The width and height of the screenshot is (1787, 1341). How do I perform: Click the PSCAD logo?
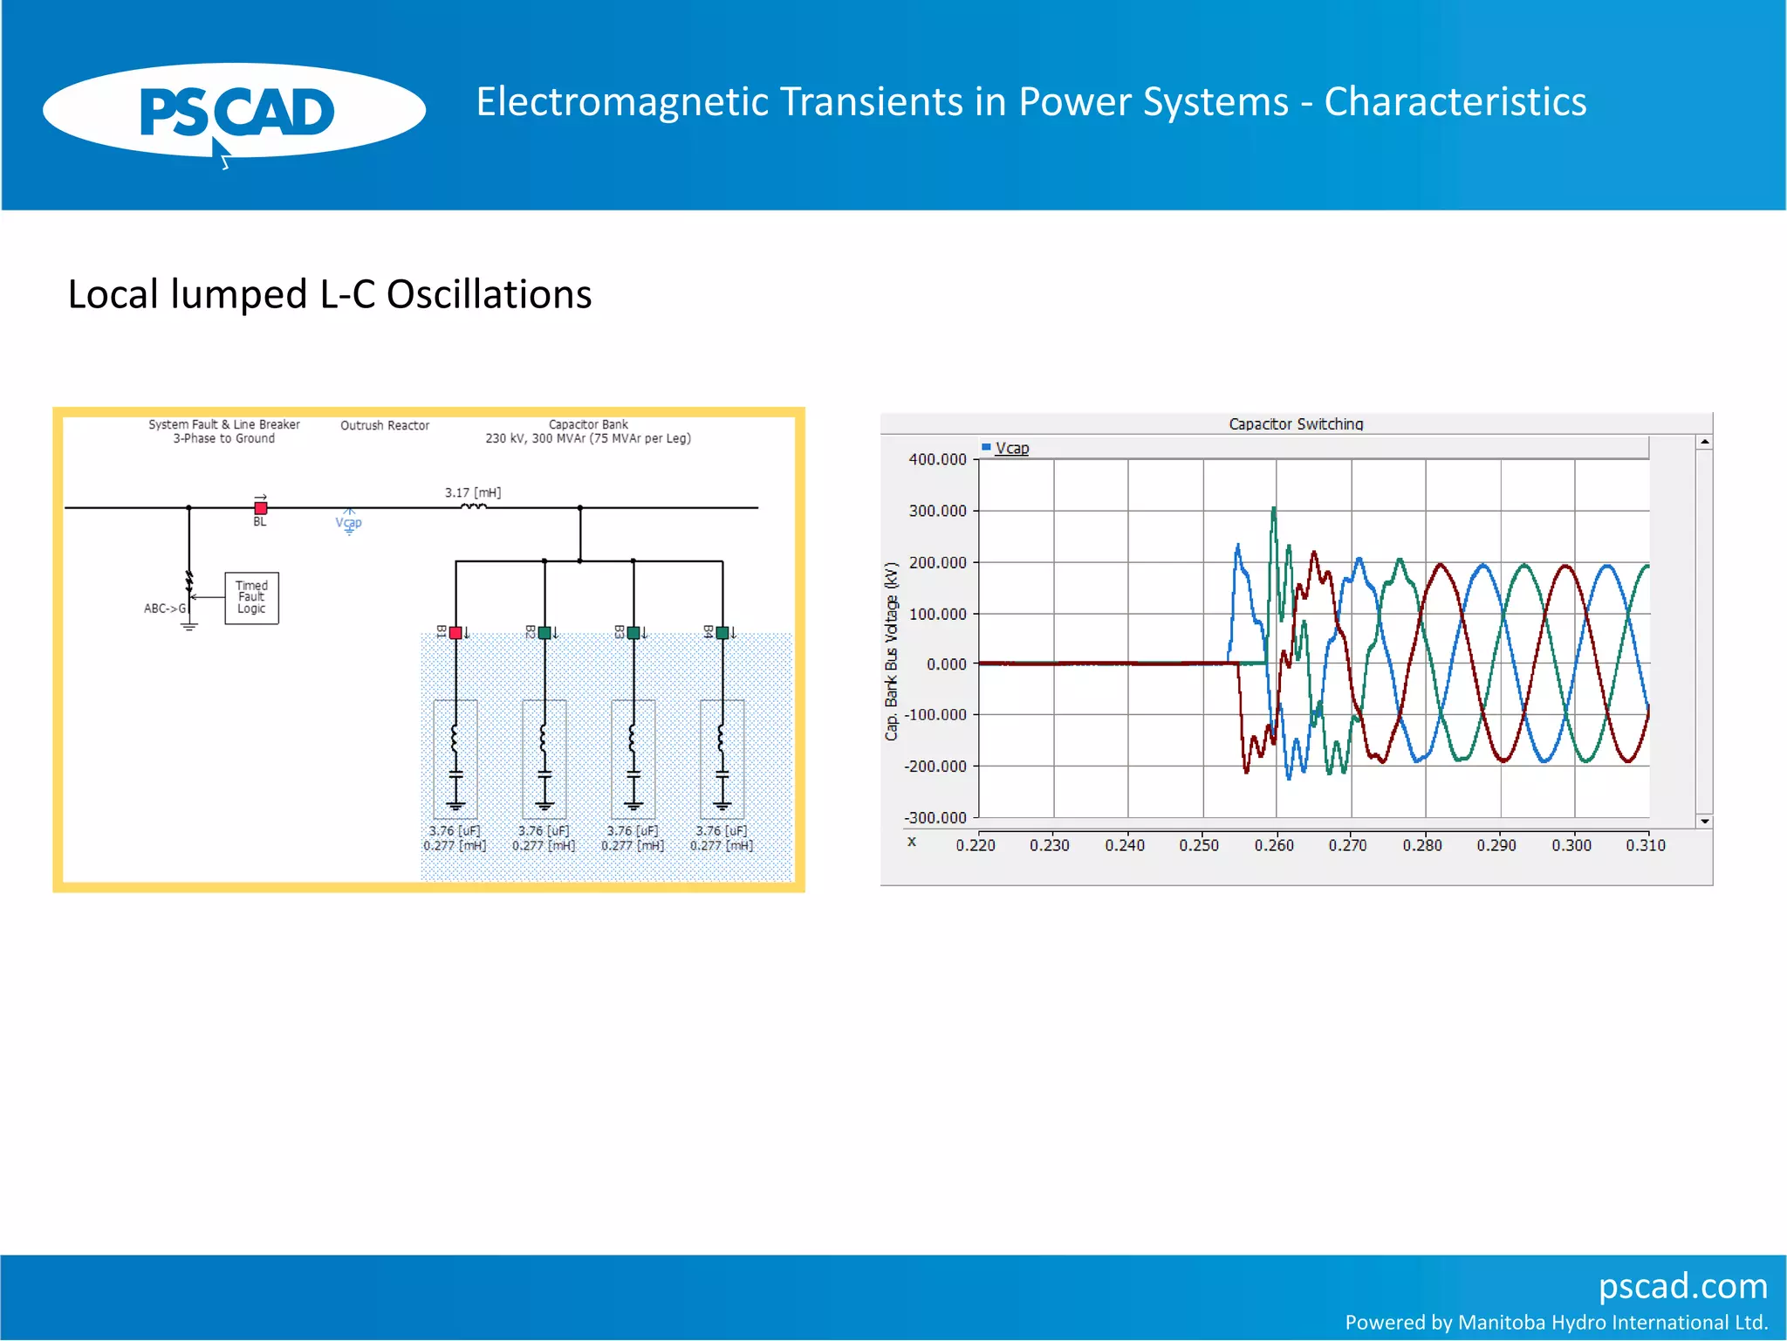tap(234, 112)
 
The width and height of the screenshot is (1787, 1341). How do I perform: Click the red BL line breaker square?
tap(260, 507)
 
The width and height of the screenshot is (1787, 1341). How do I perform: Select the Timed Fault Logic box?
tap(251, 597)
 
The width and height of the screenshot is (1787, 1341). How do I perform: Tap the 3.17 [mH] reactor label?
tap(473, 492)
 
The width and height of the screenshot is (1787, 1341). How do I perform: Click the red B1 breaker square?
tap(455, 632)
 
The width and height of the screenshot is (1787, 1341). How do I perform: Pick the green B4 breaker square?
tap(722, 632)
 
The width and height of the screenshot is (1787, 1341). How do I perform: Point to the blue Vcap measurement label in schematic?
tap(348, 522)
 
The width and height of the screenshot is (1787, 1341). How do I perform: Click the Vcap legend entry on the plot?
tap(1011, 448)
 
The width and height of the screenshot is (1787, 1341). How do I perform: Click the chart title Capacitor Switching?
tap(1296, 423)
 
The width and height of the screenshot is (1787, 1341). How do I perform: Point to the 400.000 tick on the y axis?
tap(937, 459)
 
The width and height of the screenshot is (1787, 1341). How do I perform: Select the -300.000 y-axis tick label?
tap(935, 818)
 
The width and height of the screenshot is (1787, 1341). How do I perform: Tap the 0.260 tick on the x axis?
tap(1274, 845)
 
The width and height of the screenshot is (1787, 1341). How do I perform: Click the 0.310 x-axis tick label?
tap(1646, 845)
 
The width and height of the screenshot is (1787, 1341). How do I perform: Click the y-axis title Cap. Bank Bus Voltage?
tap(891, 651)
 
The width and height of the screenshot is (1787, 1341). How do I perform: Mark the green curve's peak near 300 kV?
tap(1274, 509)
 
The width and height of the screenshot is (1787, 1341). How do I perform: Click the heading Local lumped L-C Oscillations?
tap(330, 294)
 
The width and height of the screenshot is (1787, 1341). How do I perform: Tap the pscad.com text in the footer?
tap(1682, 1286)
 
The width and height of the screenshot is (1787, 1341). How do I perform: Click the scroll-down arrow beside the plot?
tap(1704, 821)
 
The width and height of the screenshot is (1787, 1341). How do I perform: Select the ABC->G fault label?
tap(165, 609)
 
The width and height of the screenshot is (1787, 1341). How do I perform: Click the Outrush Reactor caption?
tap(385, 425)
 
